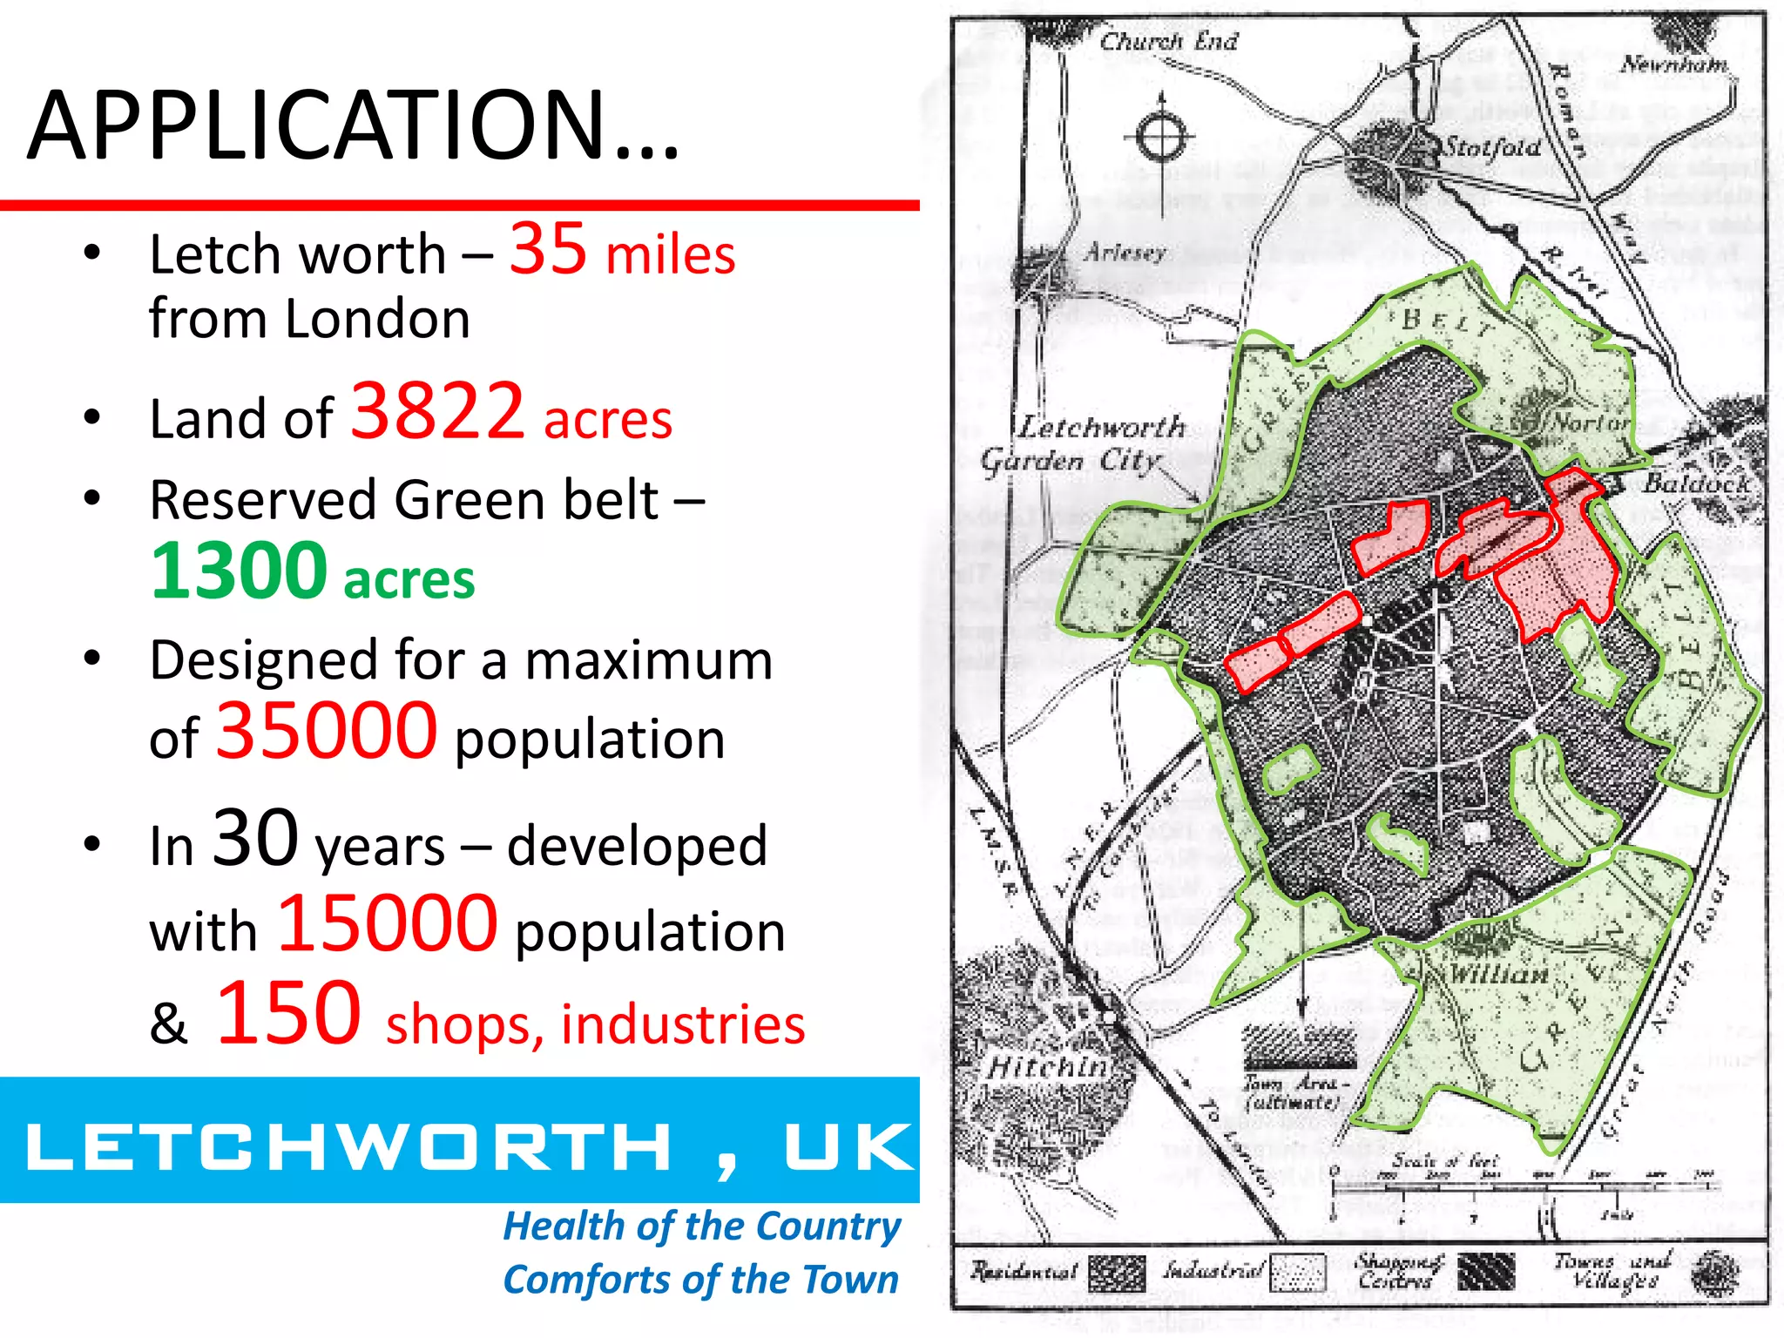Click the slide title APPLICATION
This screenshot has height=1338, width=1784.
click(353, 126)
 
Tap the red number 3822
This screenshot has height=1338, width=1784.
click(437, 411)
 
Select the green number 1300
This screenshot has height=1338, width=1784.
click(239, 571)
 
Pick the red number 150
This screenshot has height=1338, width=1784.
click(288, 1013)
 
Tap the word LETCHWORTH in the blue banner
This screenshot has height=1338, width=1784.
click(349, 1145)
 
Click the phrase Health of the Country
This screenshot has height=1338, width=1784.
click(702, 1226)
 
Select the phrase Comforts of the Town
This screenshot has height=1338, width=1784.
click(701, 1280)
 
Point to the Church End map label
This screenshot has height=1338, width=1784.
click(1168, 41)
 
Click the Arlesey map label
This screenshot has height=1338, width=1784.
click(1125, 253)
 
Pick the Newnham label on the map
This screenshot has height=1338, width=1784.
click(1673, 64)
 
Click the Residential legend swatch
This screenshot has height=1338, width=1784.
click(1117, 1273)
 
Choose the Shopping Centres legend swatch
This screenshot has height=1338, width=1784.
click(1486, 1272)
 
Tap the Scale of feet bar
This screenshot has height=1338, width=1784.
click(1524, 1186)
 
